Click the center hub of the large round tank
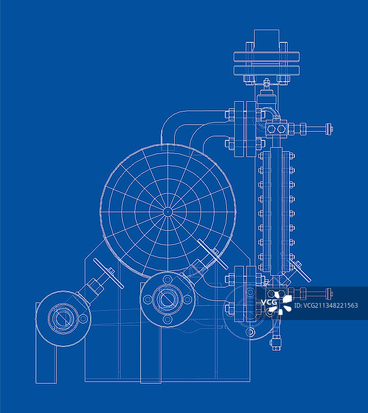[x=168, y=212]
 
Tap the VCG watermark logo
[x=277, y=303]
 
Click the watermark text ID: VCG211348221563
[x=326, y=306]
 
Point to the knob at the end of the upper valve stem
[x=329, y=129]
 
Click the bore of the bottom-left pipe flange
[x=63, y=318]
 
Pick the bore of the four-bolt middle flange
[x=168, y=299]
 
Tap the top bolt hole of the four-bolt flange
[x=168, y=279]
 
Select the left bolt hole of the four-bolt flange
[x=147, y=299]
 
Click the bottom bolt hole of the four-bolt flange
[x=168, y=320]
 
